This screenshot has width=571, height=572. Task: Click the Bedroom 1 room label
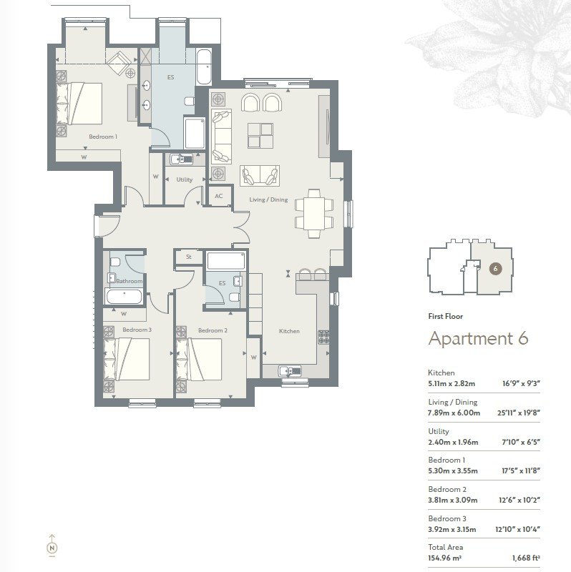103,137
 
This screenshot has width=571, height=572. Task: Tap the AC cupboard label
219,196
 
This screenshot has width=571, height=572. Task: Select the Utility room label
185,179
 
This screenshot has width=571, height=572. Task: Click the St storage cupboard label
189,257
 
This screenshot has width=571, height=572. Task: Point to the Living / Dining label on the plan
268,199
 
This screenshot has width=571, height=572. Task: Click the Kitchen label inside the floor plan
289,331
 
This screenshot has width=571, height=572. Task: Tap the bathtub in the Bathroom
124,297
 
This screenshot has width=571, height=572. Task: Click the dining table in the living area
314,214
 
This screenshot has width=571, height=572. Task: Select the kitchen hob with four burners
323,337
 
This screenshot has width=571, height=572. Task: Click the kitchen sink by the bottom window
291,370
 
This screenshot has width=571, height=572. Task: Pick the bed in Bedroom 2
200,360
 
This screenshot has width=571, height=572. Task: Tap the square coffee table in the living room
260,136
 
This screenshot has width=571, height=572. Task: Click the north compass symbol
52,546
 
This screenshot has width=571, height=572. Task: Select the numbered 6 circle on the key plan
495,269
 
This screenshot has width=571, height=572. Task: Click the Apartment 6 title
478,338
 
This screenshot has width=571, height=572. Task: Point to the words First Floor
445,316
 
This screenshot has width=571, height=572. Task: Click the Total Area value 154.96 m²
444,558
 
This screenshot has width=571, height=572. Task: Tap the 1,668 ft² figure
526,558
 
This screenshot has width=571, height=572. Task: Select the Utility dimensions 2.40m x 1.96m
453,442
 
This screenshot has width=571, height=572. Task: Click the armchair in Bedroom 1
119,63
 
